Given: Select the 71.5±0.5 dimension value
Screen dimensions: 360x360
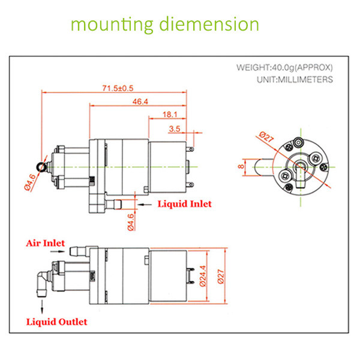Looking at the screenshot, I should (x=118, y=88).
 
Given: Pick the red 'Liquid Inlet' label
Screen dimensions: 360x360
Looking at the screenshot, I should (x=184, y=204).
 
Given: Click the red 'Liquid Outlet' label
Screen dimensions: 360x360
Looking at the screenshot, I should (x=56, y=322).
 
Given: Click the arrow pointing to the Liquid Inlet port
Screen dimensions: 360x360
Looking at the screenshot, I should (x=145, y=205).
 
